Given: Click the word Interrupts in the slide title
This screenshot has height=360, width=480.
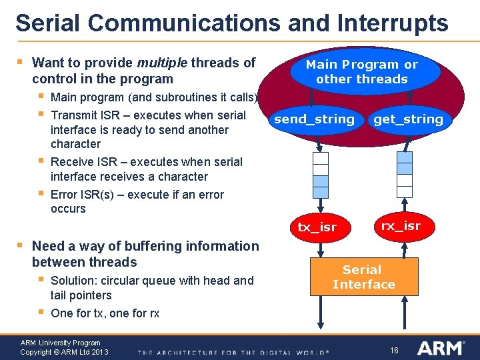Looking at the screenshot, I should [x=392, y=23].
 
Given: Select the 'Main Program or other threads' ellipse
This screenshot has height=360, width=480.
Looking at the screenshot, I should [x=361, y=72].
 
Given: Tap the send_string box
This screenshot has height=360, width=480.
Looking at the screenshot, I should [x=314, y=119].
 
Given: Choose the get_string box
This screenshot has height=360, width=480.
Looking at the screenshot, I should [x=408, y=119].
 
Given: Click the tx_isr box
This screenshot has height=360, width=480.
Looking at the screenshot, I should [x=317, y=227].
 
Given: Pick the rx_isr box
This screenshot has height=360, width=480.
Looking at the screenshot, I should [x=400, y=225].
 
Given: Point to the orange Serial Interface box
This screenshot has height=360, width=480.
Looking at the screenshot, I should [x=363, y=277].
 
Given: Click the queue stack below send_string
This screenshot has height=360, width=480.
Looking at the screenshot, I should [x=321, y=175].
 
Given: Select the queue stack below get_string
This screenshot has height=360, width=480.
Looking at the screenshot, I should [x=404, y=175].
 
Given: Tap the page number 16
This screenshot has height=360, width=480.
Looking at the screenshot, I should [x=394, y=350].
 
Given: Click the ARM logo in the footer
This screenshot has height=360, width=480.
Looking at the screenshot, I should [x=441, y=348].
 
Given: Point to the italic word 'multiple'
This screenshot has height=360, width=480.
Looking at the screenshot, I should [x=162, y=63].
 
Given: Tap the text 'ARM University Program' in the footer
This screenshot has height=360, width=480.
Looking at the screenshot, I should [x=61, y=343].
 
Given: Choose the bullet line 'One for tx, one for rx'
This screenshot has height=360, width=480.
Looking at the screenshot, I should [x=105, y=313].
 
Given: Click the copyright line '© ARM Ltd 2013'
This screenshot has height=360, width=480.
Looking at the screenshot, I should [x=80, y=351].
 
